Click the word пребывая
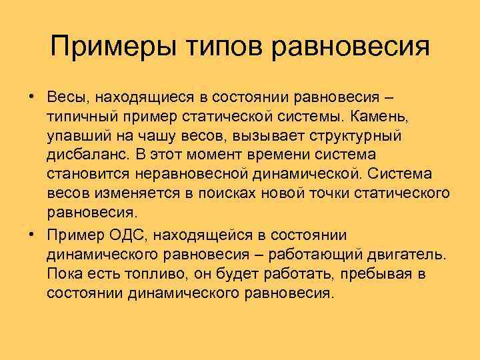373,274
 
